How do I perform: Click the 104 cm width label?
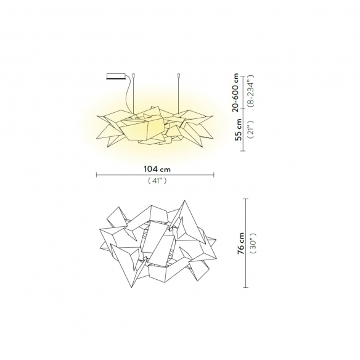pos(157,169)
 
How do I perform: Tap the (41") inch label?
pos(157,181)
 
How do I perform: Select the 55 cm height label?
pos(239,129)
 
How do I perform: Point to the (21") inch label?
pos(250,129)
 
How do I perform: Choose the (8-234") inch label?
pos(250,91)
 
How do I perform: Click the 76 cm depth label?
pos(241,243)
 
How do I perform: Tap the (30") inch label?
pos(253,243)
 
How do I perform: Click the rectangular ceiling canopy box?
pos(116,76)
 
